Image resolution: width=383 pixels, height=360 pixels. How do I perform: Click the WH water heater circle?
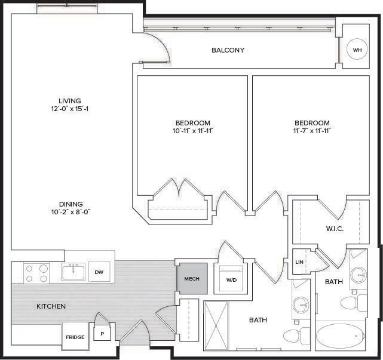(x=357, y=50)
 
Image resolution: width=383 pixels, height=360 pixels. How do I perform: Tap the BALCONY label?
(x=228, y=50)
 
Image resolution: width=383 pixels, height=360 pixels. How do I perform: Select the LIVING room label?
(x=69, y=101)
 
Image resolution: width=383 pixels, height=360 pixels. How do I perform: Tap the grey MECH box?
(x=192, y=278)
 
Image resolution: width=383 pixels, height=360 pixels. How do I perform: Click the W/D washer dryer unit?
(x=230, y=279)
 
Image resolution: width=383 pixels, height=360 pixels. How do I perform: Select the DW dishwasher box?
(x=99, y=273)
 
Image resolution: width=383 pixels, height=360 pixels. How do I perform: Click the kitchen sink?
(x=73, y=273)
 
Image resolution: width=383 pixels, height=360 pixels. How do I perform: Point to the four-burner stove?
(x=36, y=273)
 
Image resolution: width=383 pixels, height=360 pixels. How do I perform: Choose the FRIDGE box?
(x=75, y=337)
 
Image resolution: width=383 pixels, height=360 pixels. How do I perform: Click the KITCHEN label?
(x=51, y=306)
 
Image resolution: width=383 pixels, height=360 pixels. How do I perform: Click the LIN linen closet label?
(x=299, y=261)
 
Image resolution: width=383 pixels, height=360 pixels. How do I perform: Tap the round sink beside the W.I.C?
(x=359, y=276)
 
